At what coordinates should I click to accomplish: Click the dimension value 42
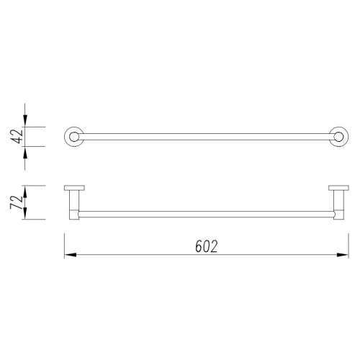coord(18,137)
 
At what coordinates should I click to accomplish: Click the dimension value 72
coord(17,202)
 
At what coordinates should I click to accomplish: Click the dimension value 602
coord(207,246)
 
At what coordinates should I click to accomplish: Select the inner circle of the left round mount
coord(74,132)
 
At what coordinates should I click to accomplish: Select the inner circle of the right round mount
coord(338,132)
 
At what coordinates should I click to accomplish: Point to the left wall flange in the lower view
coord(74,188)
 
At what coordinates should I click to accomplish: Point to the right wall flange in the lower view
coord(338,188)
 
